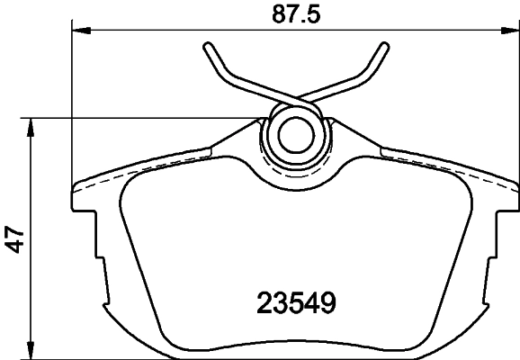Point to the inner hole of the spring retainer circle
coord(292,136)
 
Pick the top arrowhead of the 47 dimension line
coord(32,125)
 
